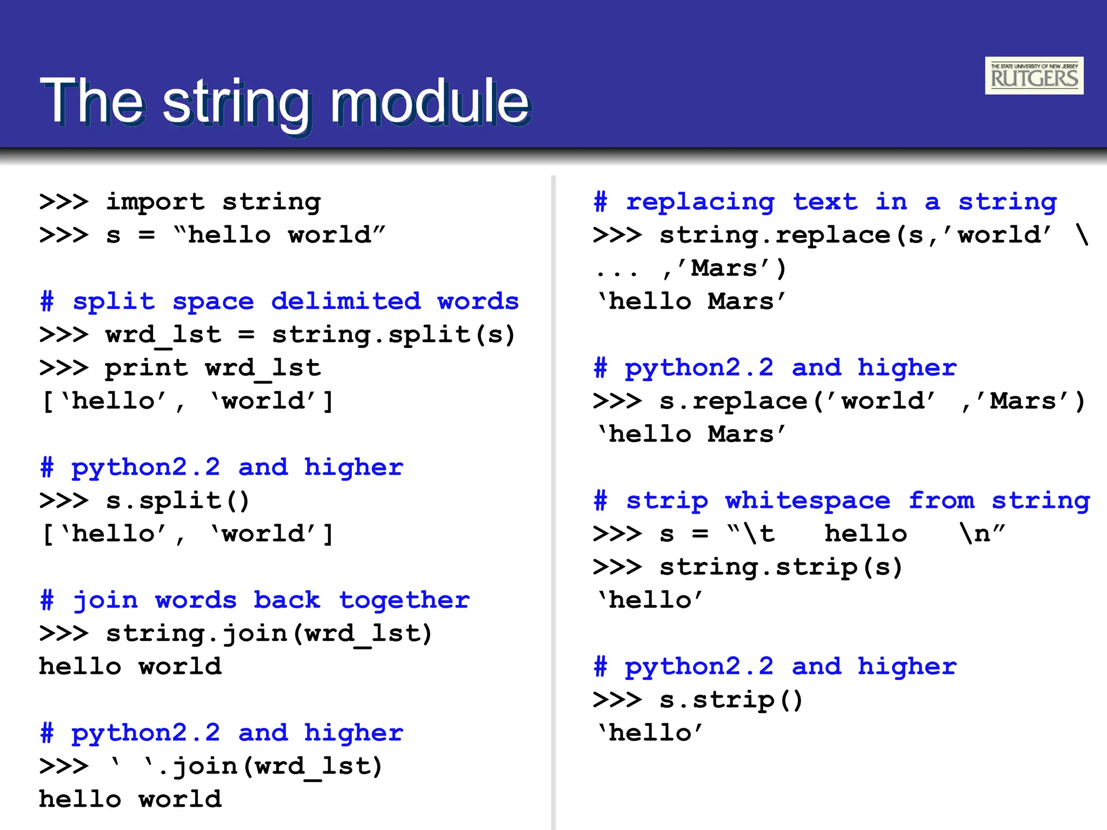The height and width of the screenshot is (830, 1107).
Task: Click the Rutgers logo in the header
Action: pos(1033,76)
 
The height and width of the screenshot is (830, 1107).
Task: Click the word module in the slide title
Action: pos(430,101)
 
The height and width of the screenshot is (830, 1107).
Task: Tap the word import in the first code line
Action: pos(155,202)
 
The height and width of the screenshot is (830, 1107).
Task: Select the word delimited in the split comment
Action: pos(345,301)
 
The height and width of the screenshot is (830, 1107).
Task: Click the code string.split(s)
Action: pos(393,334)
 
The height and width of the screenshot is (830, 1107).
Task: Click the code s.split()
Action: pos(177,500)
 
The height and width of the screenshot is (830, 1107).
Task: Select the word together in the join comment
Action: pos(404,600)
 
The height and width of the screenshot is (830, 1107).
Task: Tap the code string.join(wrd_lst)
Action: pos(269,633)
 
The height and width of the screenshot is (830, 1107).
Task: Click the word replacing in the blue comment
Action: pos(700,202)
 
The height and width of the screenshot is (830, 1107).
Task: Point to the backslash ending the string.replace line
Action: pos(1082,235)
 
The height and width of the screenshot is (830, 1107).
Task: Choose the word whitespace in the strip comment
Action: pos(808,500)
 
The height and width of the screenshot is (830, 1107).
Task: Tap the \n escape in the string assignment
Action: pos(975,533)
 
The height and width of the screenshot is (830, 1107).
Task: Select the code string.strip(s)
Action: pos(781,567)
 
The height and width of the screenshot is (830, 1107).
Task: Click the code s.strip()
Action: pos(731,700)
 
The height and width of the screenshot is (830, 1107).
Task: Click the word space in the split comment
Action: pos(213,301)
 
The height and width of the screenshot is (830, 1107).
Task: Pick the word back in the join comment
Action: pos(286,600)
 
